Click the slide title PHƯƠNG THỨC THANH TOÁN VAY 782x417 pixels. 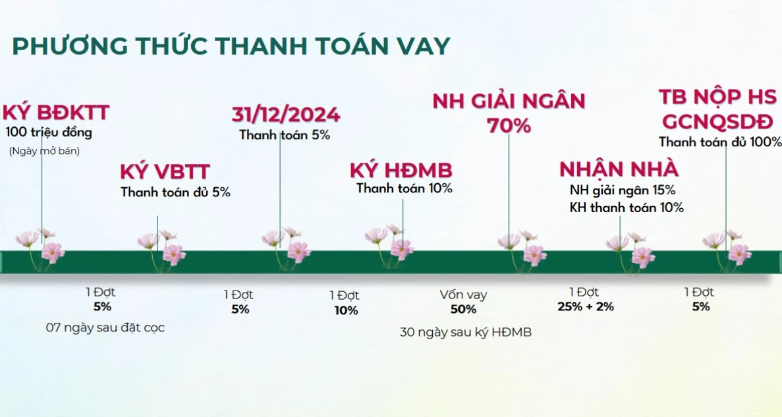point(231,45)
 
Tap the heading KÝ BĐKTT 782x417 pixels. point(56,113)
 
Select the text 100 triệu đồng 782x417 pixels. point(49,132)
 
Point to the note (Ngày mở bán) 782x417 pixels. point(44,151)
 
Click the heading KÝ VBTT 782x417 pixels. point(165,171)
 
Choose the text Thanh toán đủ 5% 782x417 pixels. point(175,192)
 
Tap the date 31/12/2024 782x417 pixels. point(286,115)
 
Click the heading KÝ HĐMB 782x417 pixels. point(401,171)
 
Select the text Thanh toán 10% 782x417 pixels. point(404,188)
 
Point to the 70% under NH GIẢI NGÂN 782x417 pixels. point(509,126)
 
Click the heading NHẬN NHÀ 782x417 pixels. point(619,169)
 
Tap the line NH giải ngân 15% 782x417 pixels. point(623,190)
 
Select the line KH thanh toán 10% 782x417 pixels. point(627,208)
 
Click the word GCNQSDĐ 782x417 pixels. point(717,122)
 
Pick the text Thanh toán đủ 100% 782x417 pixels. point(719,142)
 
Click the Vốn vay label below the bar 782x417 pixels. point(463,294)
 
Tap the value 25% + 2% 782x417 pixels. point(586,306)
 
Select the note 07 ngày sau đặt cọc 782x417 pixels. point(105,327)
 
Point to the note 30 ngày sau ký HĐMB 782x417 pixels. point(466,332)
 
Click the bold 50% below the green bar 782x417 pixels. point(463,309)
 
